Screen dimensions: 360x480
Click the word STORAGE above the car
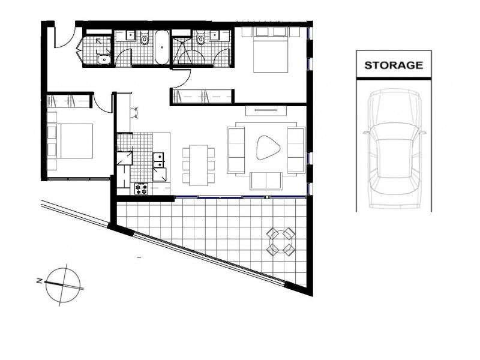coord(394,65)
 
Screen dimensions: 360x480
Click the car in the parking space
coord(393,149)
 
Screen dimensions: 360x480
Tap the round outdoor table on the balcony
coord(281,241)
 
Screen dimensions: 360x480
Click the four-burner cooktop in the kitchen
coord(142,188)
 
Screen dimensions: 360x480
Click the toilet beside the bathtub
coord(145,39)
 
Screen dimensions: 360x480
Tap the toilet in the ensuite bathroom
coord(200,39)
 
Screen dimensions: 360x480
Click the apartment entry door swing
coord(62,37)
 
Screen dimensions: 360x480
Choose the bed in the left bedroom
coord(70,140)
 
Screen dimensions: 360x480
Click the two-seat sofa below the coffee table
coord(266,180)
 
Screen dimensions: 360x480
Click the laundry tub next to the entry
coord(103,59)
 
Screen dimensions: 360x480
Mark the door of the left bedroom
coord(103,102)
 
